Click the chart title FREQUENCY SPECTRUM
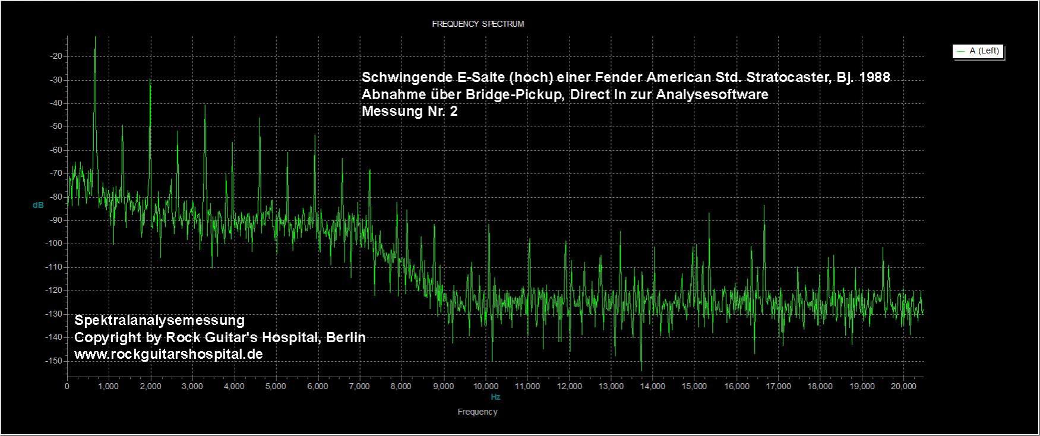(x=478, y=24)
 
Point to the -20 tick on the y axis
(x=58, y=56)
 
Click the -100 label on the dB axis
(x=55, y=244)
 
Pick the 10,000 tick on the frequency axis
(x=485, y=386)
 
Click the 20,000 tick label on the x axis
(x=903, y=386)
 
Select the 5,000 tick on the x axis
(x=276, y=386)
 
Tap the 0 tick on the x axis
(x=67, y=386)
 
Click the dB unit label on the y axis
(x=38, y=206)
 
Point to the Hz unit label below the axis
(x=495, y=397)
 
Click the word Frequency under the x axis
(x=478, y=412)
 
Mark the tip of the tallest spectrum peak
(x=95, y=37)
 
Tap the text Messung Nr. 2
(x=409, y=111)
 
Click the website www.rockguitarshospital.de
(x=169, y=354)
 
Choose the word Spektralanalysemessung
(x=159, y=321)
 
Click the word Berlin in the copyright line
(x=344, y=337)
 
